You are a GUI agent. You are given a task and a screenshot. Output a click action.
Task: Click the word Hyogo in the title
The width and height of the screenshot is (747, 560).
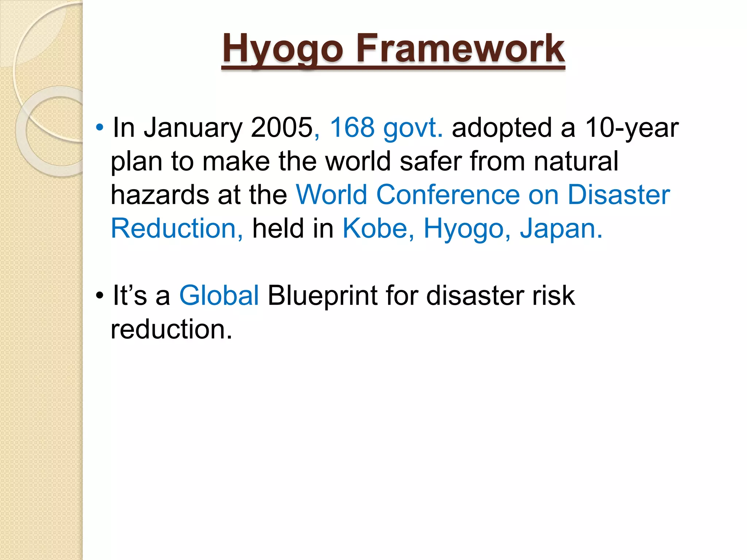tap(283, 49)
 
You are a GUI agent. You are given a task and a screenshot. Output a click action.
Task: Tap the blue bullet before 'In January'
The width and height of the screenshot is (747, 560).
tap(100, 128)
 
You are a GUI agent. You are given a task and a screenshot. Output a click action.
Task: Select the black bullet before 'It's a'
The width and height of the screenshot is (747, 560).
tap(100, 296)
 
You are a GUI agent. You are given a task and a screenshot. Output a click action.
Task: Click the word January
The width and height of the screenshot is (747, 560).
tap(193, 128)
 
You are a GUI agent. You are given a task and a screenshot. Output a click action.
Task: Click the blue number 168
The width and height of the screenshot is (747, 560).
tap(352, 128)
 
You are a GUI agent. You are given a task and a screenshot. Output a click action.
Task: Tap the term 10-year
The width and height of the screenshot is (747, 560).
tap(632, 128)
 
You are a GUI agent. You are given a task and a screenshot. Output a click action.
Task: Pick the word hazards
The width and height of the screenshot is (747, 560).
tap(160, 195)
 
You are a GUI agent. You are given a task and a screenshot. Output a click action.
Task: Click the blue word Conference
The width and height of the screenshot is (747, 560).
tap(448, 195)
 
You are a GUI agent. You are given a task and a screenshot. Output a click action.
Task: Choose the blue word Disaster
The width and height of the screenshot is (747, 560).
tap(619, 195)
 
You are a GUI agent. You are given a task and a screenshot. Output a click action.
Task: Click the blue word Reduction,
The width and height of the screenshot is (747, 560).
tap(177, 229)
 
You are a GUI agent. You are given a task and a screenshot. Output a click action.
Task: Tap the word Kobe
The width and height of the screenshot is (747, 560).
tap(378, 229)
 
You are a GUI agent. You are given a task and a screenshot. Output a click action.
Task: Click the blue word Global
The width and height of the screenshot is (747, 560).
tap(219, 295)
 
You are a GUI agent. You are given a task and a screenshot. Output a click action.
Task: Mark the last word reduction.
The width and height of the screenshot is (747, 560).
tap(171, 329)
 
